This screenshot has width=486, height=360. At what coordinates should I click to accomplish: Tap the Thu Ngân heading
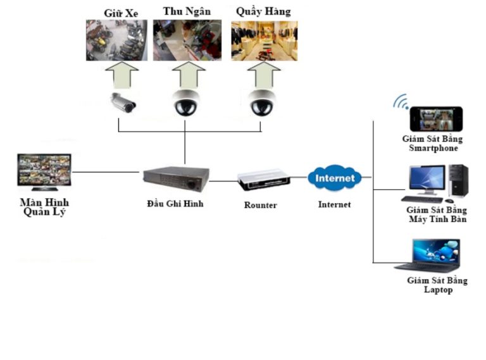187,11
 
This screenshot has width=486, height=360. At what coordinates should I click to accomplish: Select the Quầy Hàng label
263,12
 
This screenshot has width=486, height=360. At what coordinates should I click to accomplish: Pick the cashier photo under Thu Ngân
187,40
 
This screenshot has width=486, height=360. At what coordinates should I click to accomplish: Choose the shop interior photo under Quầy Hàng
264,40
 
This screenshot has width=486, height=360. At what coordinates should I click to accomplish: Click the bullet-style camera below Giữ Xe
122,102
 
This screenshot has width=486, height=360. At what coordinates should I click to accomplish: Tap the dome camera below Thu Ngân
187,102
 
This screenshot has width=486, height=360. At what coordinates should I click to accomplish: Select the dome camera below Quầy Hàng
261,102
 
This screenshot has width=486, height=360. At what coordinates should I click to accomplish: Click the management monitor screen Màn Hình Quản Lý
44,171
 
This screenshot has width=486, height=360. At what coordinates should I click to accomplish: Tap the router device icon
264,180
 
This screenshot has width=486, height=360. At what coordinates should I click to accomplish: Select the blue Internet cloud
335,178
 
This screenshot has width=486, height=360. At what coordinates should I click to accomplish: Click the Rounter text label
261,206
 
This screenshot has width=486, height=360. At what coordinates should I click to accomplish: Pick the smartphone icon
436,119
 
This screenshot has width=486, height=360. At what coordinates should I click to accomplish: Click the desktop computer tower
458,181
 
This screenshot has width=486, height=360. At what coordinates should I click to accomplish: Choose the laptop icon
428,256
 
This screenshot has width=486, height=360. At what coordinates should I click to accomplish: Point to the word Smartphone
433,148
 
